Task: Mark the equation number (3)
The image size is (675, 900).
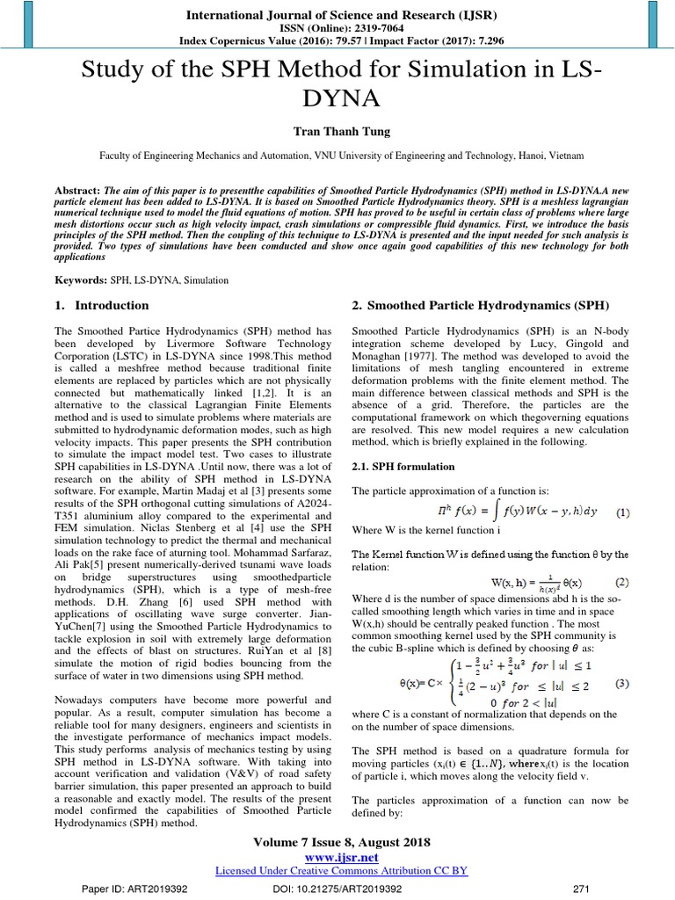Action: click(621, 685)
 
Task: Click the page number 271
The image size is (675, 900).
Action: click(580, 889)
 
